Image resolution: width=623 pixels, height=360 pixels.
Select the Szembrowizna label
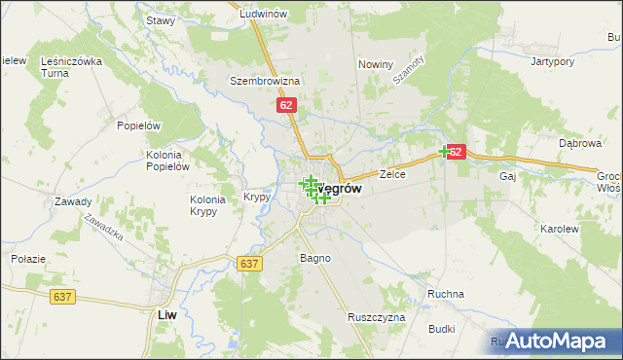coord(264,81)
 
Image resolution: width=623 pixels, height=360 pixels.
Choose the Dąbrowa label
coord(574,143)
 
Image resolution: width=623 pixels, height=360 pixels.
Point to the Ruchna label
coord(446,294)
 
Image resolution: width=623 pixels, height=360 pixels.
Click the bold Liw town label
coord(166,314)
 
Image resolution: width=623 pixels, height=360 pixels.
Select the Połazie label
coord(24,258)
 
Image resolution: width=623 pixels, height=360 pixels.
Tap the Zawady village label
coord(73,202)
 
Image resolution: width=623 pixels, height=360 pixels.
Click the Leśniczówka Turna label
coord(71,66)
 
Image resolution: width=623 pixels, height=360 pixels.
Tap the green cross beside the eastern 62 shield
coord(445,151)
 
